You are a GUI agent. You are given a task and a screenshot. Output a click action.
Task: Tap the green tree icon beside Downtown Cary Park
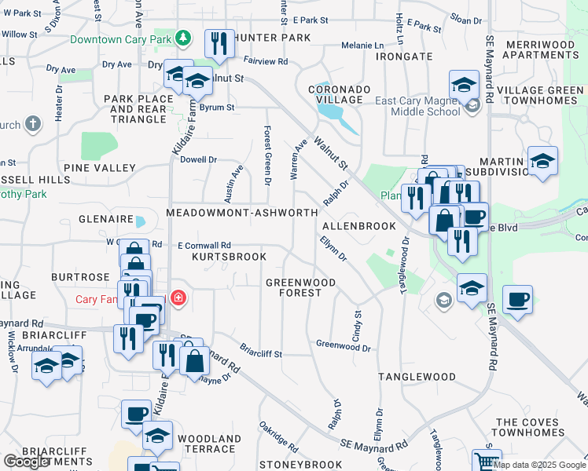[183, 38]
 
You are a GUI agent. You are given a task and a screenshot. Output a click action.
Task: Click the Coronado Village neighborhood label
[339, 94]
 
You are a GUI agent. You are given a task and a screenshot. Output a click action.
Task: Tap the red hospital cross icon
[178, 298]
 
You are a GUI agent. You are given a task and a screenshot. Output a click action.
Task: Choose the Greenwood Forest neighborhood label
[300, 287]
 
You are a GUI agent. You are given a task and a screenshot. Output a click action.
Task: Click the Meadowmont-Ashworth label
[242, 214]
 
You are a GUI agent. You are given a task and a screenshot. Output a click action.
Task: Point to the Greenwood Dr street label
[343, 345]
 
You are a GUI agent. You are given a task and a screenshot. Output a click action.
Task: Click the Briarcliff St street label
[260, 352]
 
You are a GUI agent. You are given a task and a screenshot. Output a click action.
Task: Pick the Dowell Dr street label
[198, 159]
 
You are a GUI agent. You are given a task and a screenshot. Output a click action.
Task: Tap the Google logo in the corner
[26, 462]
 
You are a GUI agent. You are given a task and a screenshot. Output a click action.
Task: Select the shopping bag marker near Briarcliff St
[194, 361]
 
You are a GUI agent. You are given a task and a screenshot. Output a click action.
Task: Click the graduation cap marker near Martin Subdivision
[543, 161]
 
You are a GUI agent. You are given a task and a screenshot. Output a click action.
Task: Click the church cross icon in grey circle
[34, 124]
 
